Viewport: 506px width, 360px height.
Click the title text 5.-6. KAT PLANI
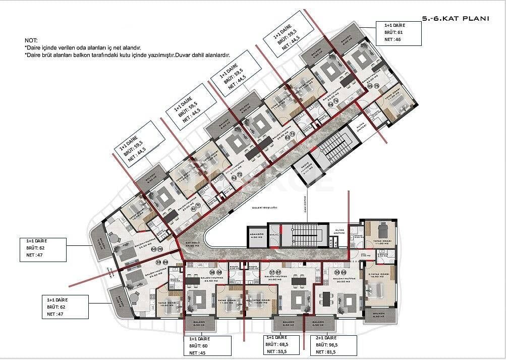(x=456, y=19)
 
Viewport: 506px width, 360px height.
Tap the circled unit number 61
(x=192, y=206)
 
